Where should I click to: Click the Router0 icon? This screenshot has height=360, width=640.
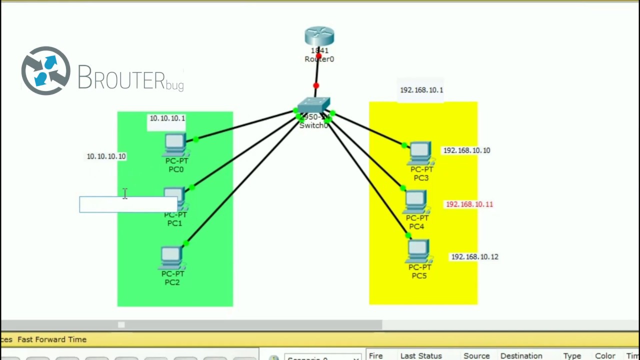coord(319,36)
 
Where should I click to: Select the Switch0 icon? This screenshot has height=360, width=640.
coord(313,105)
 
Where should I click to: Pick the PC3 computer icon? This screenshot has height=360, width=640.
coord(420,153)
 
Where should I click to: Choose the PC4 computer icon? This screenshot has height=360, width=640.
coord(416,202)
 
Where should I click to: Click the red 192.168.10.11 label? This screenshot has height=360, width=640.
coord(469,204)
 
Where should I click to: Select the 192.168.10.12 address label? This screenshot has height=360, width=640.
coord(474,257)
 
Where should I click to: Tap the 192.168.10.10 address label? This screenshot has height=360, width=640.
coord(466,150)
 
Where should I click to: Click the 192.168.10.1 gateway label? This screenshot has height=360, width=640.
coord(421,90)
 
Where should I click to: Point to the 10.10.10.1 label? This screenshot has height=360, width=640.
coord(167,118)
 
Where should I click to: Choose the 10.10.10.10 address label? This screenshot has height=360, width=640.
coord(106,156)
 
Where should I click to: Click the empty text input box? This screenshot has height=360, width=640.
coord(128,204)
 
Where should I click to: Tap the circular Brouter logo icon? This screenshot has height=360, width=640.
coord(45,71)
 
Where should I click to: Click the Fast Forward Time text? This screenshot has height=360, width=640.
coord(52,339)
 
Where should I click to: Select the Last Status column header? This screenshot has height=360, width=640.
coord(421,355)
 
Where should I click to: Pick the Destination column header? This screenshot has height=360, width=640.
coord(521,355)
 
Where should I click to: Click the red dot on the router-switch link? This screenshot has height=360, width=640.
coord(316,86)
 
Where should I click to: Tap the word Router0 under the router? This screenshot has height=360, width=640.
coord(319,59)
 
